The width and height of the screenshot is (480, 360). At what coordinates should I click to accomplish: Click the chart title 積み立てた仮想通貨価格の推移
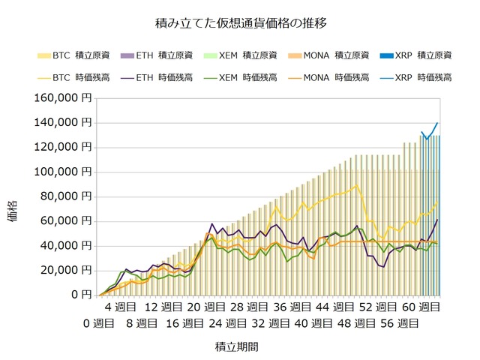(x=240, y=22)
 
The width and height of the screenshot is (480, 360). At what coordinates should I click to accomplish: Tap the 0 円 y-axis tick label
(x=81, y=295)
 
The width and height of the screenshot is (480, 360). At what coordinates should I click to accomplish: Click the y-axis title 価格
(x=16, y=211)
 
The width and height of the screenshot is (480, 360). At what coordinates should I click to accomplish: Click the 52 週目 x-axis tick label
(x=376, y=307)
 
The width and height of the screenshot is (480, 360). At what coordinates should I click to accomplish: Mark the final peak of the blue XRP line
(x=437, y=123)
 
